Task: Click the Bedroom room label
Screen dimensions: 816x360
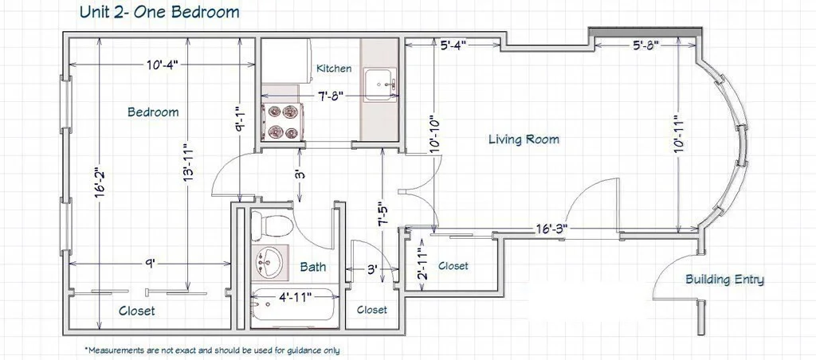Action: (x=153, y=112)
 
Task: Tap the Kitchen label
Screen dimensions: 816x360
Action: (x=334, y=68)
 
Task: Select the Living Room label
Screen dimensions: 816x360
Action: (x=524, y=139)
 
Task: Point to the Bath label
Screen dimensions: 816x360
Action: (x=313, y=267)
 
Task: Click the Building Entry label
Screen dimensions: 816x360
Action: (x=725, y=280)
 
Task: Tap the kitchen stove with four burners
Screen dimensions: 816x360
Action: (x=283, y=121)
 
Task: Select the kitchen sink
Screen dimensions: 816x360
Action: (x=380, y=84)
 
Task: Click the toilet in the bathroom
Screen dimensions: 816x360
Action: (x=270, y=226)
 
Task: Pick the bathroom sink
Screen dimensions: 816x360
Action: (x=269, y=262)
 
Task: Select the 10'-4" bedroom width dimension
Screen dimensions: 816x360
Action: (x=162, y=65)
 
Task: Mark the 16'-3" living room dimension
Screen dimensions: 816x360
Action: (x=551, y=228)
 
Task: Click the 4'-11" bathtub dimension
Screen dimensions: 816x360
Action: (x=294, y=297)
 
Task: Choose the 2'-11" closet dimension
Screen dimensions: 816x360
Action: (x=423, y=265)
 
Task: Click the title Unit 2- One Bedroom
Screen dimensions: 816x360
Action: (x=159, y=11)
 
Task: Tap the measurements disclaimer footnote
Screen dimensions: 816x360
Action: (x=212, y=350)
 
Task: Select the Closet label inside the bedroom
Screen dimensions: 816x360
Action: (x=137, y=311)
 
